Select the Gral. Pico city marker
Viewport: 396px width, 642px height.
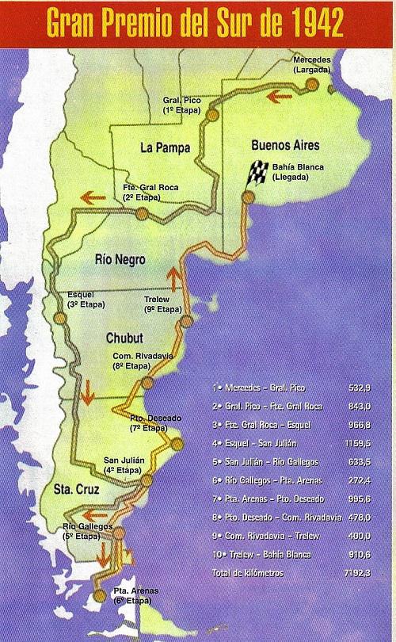click(211, 116)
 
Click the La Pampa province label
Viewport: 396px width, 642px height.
click(162, 147)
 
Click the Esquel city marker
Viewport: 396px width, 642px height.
click(59, 317)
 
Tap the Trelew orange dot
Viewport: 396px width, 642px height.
click(187, 321)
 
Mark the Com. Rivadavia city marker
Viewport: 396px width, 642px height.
click(147, 384)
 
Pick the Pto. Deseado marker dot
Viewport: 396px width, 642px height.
click(176, 445)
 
